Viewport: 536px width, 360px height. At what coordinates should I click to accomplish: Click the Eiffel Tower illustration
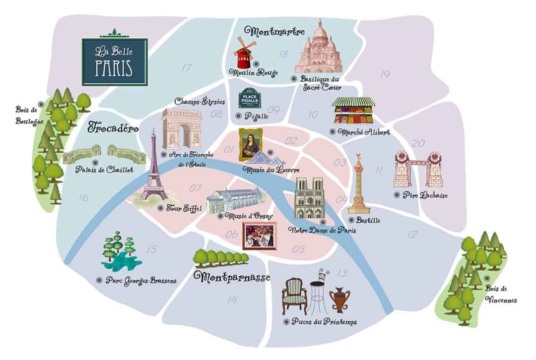point(154,171)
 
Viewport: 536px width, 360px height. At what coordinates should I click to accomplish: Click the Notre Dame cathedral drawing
point(309,198)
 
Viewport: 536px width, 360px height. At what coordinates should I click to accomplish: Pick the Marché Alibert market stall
point(353,111)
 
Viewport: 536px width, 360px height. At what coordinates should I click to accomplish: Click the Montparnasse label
point(232,277)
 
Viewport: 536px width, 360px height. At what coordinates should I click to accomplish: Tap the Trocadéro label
point(113,127)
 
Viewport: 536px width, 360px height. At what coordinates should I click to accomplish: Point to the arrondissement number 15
point(152,249)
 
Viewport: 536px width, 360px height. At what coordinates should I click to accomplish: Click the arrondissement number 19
point(385,74)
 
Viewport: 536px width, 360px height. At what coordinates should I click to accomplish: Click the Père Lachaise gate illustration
point(418,170)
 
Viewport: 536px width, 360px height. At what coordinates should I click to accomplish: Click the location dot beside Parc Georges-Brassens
point(99,280)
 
